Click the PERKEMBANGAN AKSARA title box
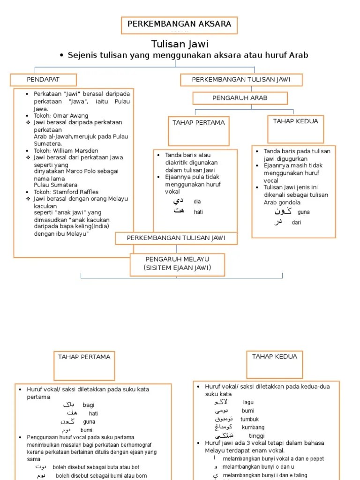pos(179,25)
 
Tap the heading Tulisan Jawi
pos(180,44)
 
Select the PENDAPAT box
pos(43,80)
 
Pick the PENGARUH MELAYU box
pos(178,263)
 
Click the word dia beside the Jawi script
pos(197,202)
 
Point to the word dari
pos(296,223)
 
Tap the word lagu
pos(248,402)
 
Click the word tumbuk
pos(249,419)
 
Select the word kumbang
pos(253,427)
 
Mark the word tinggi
pos(256,436)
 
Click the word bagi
pos(89,405)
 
